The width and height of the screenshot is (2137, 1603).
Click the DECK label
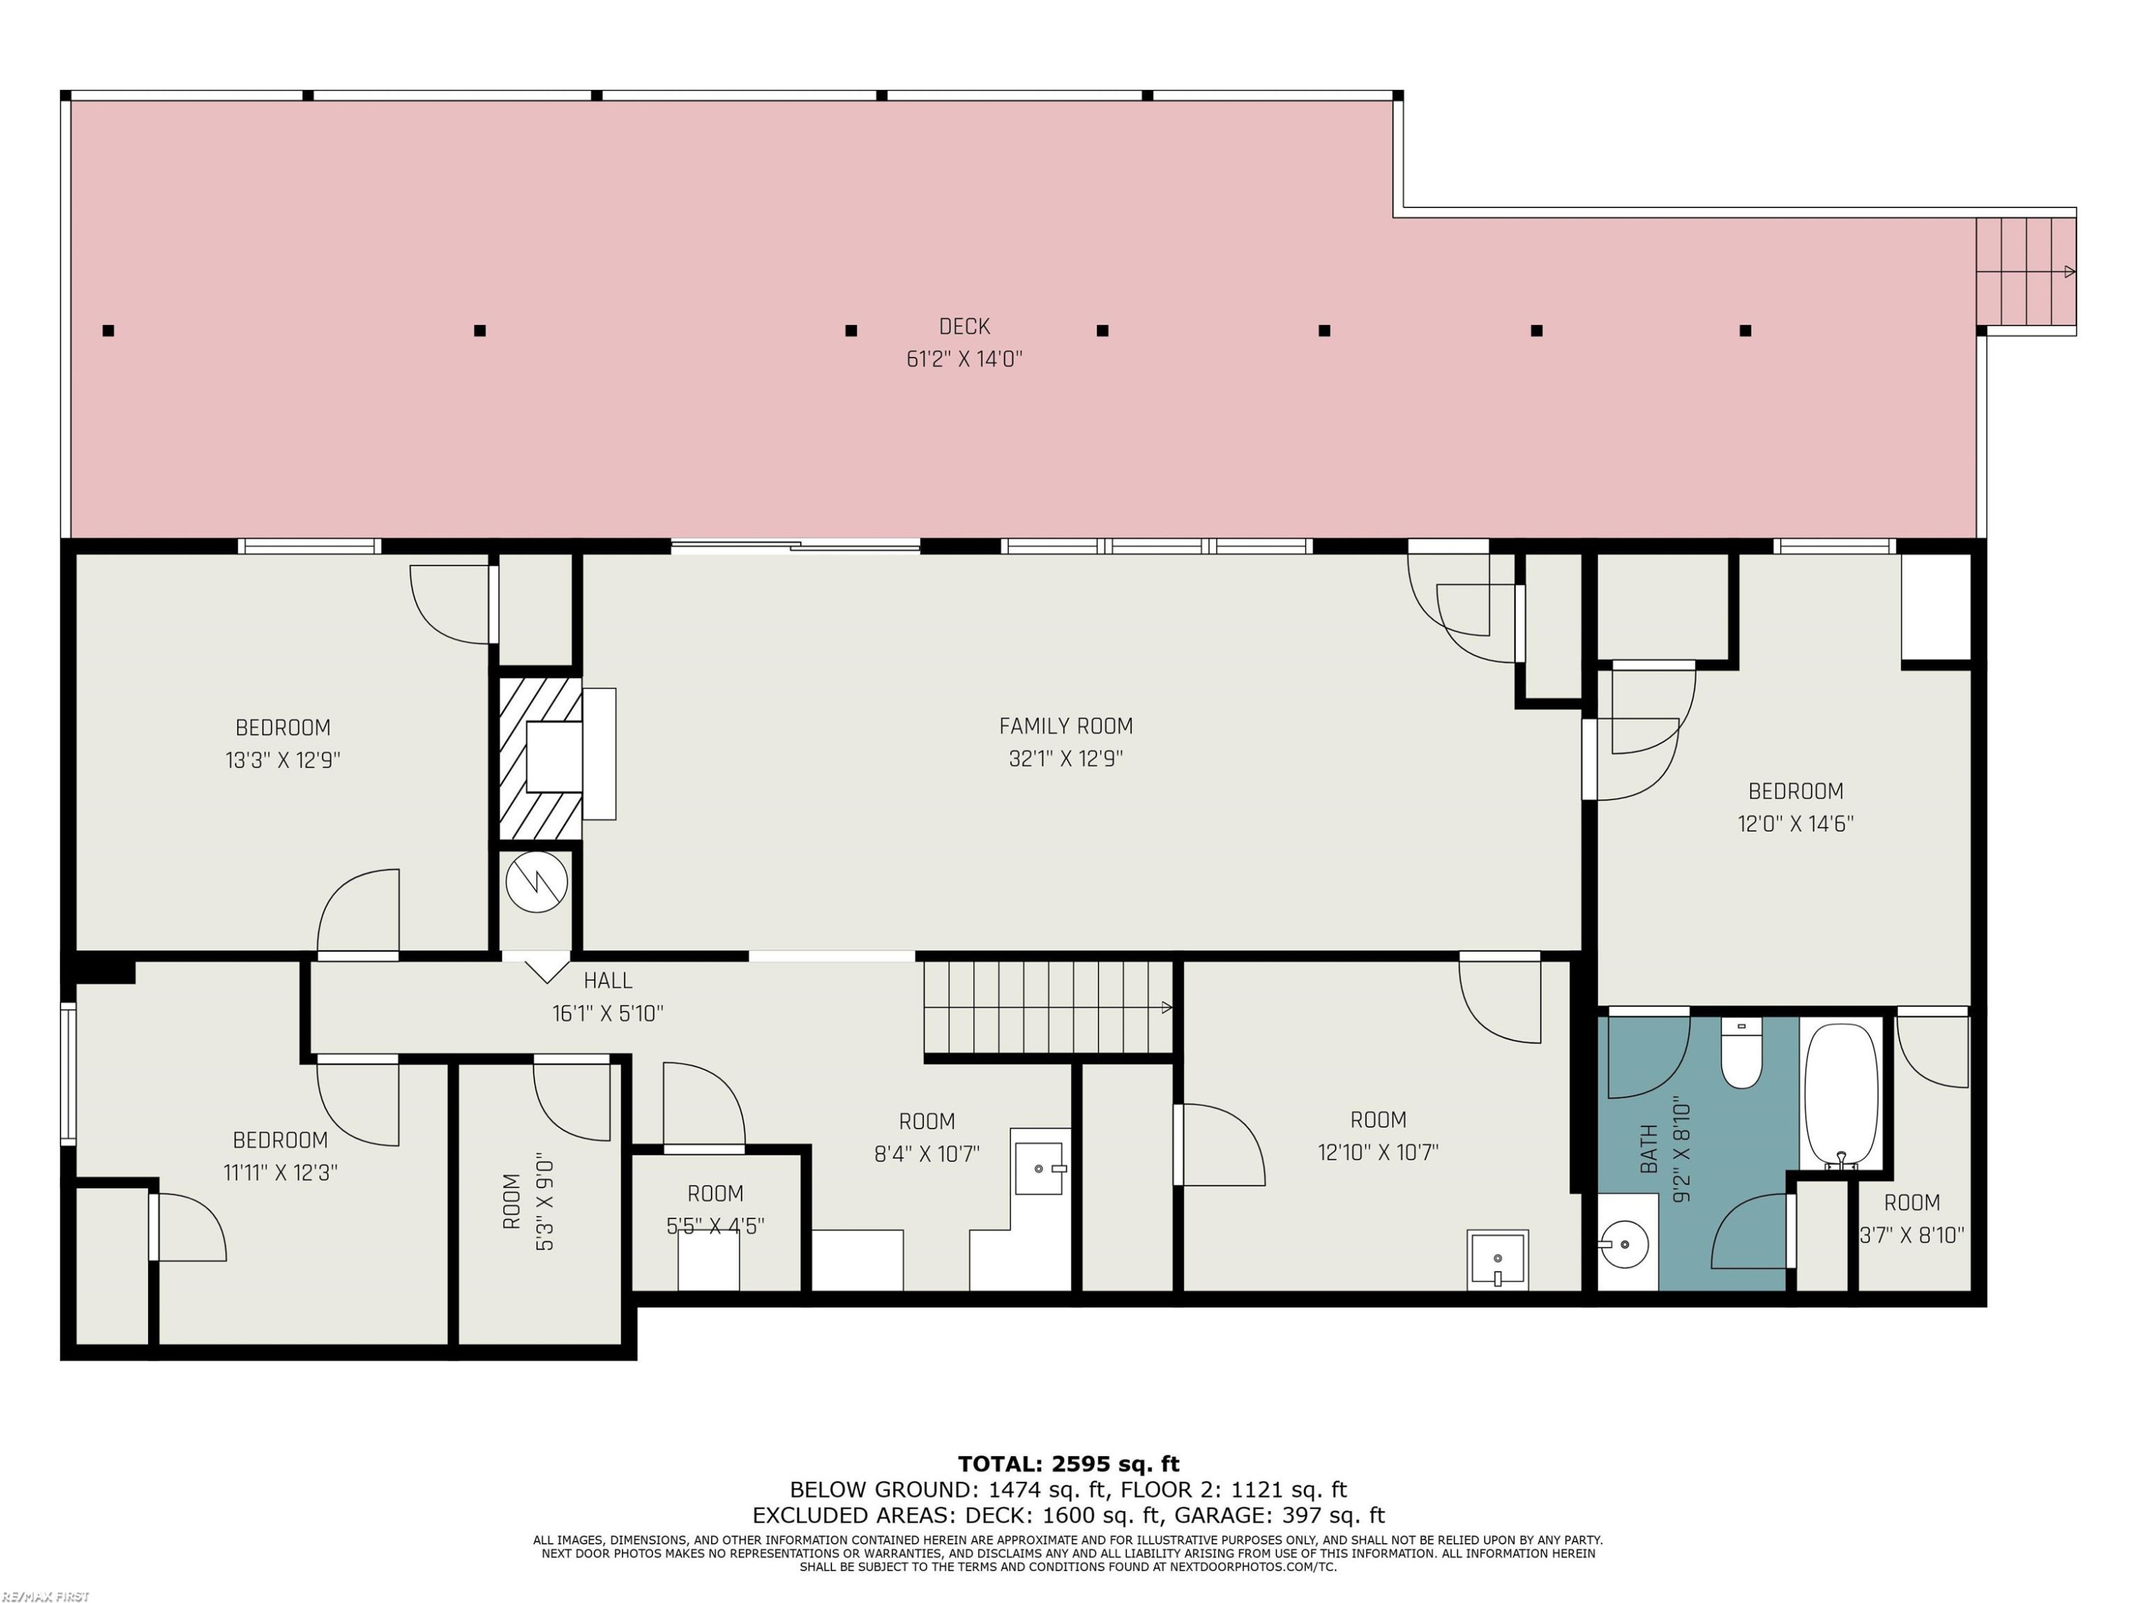pos(964,326)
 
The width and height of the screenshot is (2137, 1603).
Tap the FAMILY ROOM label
pos(1066,726)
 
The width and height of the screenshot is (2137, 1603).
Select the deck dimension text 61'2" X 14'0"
pos(964,360)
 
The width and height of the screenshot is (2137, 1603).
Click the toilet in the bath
pos(1741,1052)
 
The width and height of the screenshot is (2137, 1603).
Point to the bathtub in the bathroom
pos(1841,1096)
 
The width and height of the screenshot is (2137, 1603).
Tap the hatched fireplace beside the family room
pos(541,759)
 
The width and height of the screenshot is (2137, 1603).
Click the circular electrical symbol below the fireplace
pos(537,882)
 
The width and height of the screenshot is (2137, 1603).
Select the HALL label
pos(608,981)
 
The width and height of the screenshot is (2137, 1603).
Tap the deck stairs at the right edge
pos(2025,271)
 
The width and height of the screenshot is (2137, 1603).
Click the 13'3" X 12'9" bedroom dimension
pos(283,760)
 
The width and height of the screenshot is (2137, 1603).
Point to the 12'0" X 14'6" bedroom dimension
pos(1796,824)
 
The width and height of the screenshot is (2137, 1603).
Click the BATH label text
pos(1649,1149)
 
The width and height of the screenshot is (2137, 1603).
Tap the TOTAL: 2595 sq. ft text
pos(1068,1464)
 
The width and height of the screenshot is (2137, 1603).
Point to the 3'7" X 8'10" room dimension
pos(1912,1235)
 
